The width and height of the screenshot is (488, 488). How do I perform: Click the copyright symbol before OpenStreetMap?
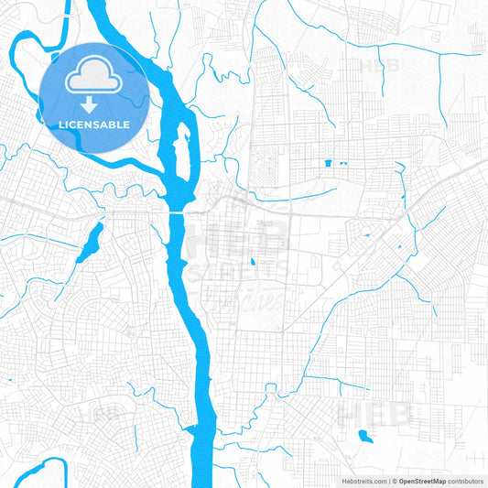(394, 481)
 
